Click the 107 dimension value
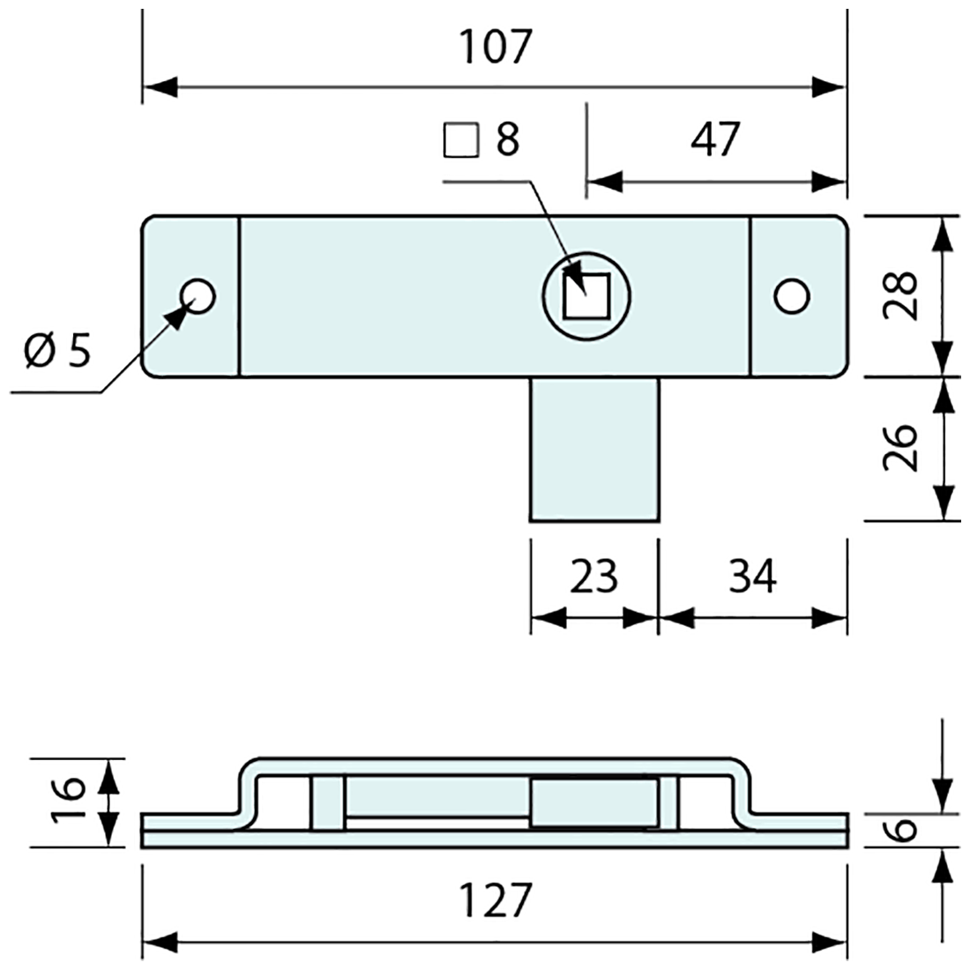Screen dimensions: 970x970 click(x=496, y=48)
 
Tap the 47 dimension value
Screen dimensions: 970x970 click(x=715, y=139)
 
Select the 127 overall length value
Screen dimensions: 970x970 click(x=496, y=900)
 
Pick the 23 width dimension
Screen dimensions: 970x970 click(x=593, y=578)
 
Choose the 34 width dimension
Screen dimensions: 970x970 click(x=752, y=578)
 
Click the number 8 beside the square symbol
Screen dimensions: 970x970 click(x=507, y=139)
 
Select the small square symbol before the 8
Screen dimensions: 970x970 click(x=459, y=140)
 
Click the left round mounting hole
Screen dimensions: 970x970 click(x=198, y=296)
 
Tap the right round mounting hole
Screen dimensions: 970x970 click(x=792, y=296)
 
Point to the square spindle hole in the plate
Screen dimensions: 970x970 click(x=587, y=295)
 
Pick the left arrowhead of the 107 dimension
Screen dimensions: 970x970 click(x=160, y=87)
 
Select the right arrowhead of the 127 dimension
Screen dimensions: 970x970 click(x=830, y=943)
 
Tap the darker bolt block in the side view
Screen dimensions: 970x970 click(x=593, y=802)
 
